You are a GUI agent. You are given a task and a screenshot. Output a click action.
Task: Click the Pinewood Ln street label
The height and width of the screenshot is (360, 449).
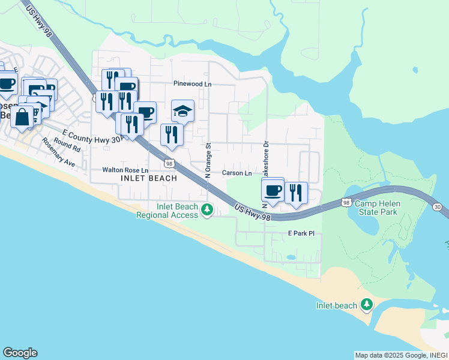[x=192, y=84]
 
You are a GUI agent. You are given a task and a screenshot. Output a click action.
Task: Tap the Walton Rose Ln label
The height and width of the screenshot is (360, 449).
[x=125, y=170]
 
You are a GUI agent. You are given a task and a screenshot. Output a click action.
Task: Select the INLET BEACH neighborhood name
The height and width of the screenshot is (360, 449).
[x=149, y=178]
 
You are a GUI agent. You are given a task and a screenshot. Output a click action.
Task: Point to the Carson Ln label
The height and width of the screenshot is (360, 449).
[x=237, y=173]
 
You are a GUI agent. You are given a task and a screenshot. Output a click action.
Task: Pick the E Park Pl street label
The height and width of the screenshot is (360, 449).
[x=301, y=233]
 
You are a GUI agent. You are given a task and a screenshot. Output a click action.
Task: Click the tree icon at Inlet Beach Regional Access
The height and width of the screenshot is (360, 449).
[x=207, y=210]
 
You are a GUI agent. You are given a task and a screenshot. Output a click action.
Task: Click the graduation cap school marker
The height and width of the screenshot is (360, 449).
[x=182, y=111]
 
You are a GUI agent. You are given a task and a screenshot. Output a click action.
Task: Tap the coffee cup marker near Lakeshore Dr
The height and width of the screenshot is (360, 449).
[x=273, y=190]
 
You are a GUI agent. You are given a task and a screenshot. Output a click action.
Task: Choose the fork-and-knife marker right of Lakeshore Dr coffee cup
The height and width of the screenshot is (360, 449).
[x=295, y=192]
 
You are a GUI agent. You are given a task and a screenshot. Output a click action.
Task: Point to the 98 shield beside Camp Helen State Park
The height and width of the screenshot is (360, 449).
[x=346, y=203]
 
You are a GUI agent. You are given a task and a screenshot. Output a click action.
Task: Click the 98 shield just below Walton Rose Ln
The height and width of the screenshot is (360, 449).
[x=169, y=163]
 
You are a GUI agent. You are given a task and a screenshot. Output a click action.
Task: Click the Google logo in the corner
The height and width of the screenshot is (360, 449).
[x=20, y=353]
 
